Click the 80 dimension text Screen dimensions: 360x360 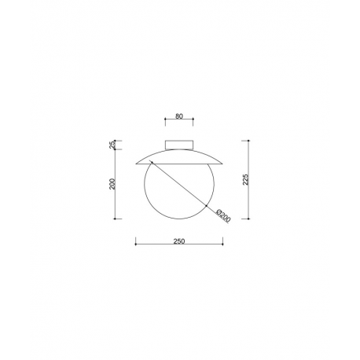click(x=179, y=116)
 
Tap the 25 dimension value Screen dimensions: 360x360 click(x=112, y=145)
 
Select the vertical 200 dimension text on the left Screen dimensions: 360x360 click(x=112, y=184)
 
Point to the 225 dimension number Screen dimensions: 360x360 click(x=245, y=179)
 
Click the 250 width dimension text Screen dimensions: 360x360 click(x=179, y=241)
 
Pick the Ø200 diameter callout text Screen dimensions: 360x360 click(x=223, y=216)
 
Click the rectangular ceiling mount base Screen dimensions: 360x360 click(x=179, y=145)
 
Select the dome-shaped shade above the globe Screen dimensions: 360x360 click(x=179, y=156)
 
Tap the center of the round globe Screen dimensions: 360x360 click(x=179, y=184)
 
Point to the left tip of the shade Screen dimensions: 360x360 click(x=136, y=164)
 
